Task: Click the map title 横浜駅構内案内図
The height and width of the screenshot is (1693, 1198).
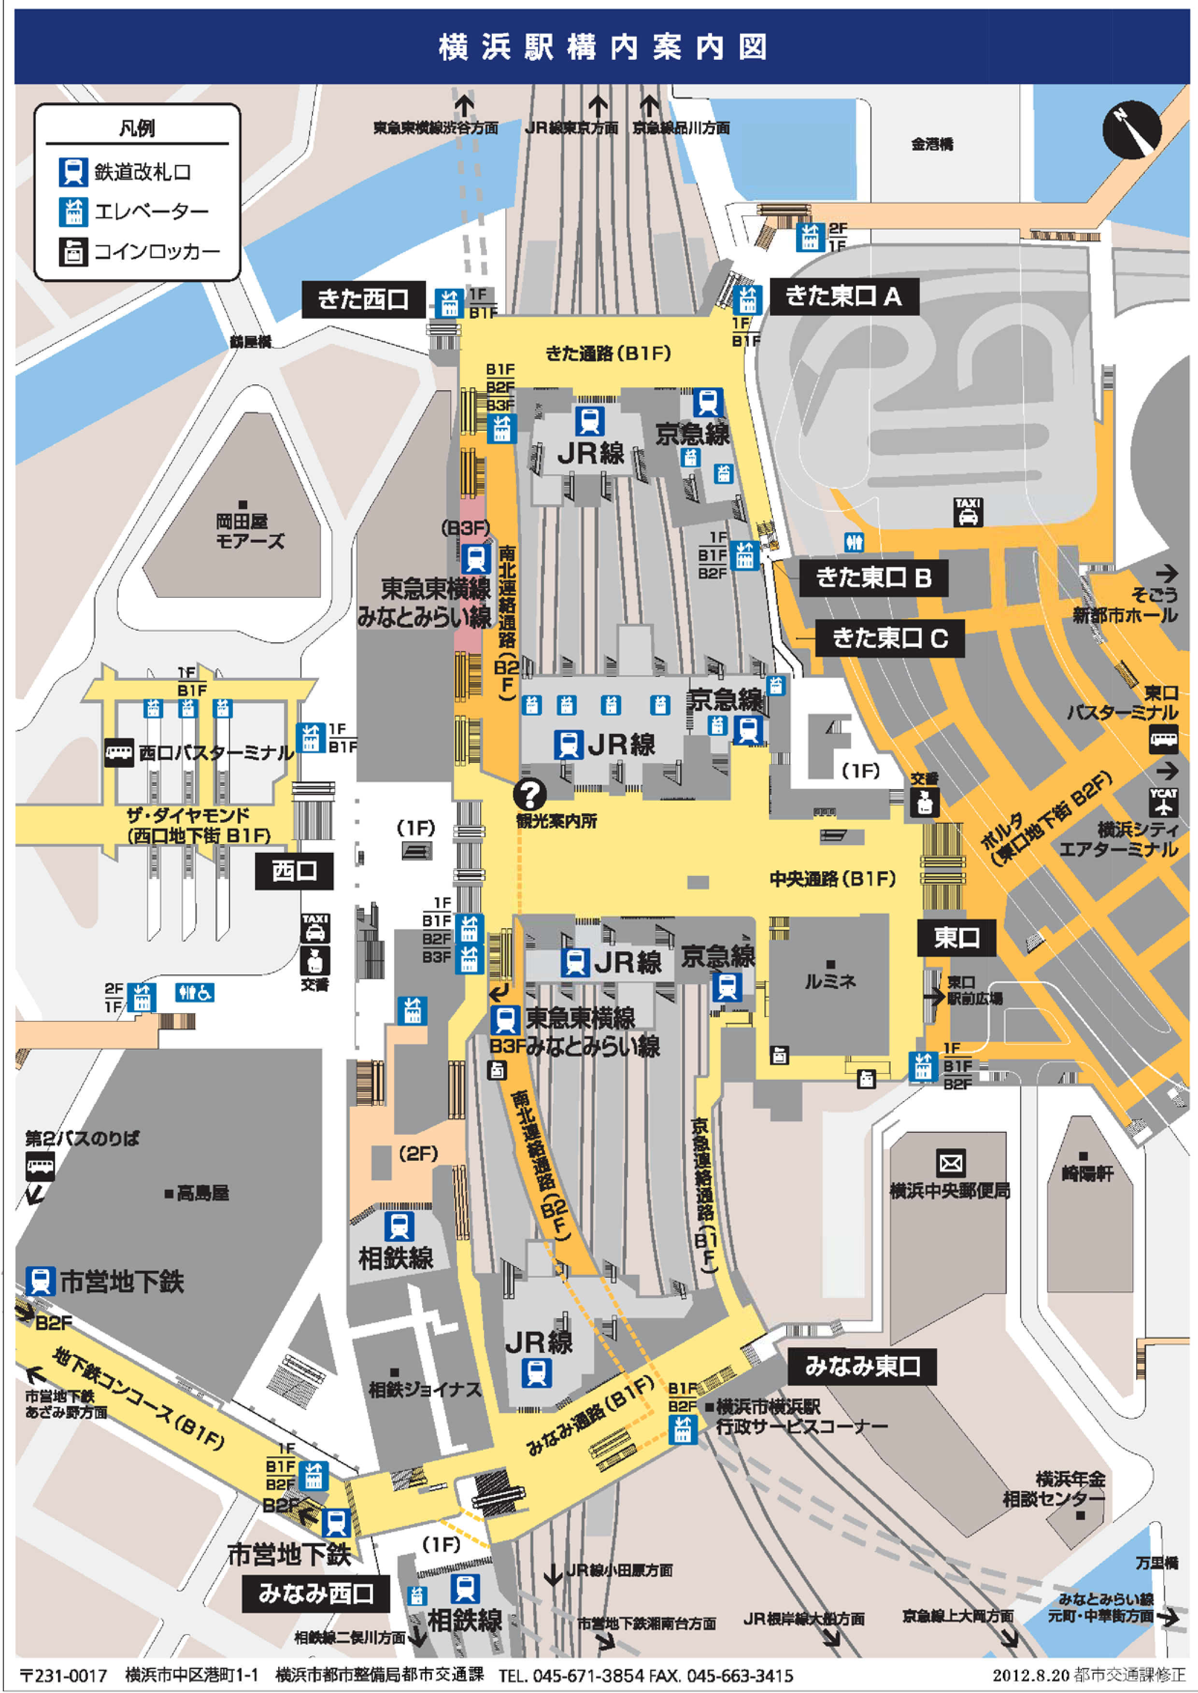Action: [x=603, y=47]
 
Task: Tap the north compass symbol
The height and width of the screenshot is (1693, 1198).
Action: [x=1132, y=130]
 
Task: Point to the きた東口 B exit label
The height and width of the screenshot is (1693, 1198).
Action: [x=873, y=578]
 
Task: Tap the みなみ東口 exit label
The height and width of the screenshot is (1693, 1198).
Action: [x=862, y=1367]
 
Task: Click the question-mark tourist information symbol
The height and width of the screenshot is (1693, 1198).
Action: [x=529, y=794]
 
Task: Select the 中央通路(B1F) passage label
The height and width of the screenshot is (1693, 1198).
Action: [x=832, y=878]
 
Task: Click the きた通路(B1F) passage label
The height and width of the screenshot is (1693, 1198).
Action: [x=608, y=354]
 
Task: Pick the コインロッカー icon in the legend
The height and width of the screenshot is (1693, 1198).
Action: [x=73, y=252]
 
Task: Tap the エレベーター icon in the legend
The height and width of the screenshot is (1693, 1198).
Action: [x=73, y=212]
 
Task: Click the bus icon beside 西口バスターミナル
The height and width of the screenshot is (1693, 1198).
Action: [x=119, y=753]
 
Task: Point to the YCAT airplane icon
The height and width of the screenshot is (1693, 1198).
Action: [x=1163, y=802]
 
